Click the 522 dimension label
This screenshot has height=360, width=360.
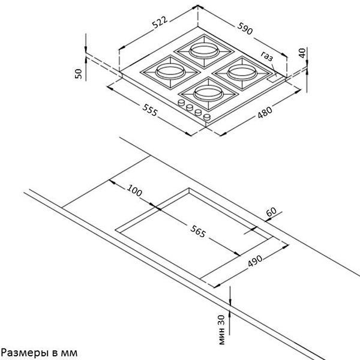tap(160, 22)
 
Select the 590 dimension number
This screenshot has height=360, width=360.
tap(245, 28)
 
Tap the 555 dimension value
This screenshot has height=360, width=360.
tap(150, 110)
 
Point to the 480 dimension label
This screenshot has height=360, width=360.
tap(265, 112)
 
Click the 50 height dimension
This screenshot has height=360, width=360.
tap(79, 74)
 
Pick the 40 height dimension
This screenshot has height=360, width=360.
tap(302, 53)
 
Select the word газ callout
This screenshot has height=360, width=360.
tap(267, 56)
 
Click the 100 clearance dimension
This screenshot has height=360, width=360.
tap(134, 190)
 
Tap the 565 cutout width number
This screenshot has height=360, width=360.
tap(198, 231)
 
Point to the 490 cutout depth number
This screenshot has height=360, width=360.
tap(255, 261)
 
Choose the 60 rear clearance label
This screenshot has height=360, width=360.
tap(271, 212)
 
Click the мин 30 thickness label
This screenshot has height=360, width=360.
tap(221, 329)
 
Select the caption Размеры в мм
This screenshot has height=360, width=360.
tap(39, 353)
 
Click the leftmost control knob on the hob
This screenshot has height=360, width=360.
tap(181, 103)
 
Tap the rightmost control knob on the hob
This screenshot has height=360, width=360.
tap(207, 117)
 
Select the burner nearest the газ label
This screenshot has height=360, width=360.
tap(242, 73)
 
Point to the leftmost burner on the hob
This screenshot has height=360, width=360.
tap(170, 72)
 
